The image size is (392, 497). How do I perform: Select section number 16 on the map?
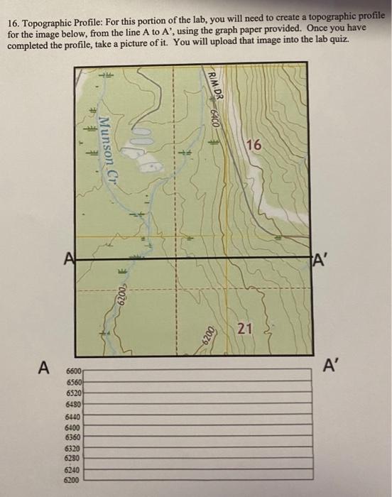[254, 146]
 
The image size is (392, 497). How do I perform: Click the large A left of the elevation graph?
[44, 368]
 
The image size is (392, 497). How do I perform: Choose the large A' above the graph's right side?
[331, 366]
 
